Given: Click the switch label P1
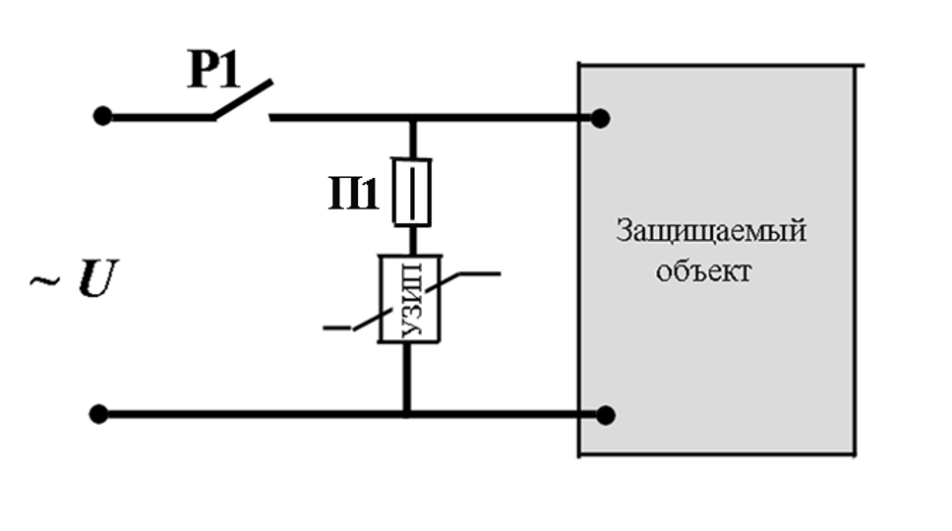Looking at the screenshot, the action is (213, 69).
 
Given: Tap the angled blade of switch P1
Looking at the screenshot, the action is (242, 99).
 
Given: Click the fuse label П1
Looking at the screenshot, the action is (353, 193).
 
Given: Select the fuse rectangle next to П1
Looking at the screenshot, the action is (412, 193).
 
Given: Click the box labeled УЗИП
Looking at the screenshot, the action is (410, 299).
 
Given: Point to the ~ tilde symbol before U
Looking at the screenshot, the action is (45, 280).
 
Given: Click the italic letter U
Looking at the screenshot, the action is (97, 278).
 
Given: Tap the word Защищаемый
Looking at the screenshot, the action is (711, 231).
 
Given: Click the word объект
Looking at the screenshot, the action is (703, 270).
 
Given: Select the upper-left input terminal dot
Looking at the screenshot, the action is (102, 116).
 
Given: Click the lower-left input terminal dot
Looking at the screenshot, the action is (98, 415).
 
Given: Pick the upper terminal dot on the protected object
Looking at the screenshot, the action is (600, 118).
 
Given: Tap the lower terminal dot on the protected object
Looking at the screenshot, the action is (605, 415).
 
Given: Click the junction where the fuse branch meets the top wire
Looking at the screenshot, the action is (413, 118).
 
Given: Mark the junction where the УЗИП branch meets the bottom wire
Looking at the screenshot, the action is (407, 415).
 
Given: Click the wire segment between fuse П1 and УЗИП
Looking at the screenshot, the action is (412, 241).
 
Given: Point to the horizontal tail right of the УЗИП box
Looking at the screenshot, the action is (479, 274).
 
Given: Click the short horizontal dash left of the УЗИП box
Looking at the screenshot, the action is (337, 328).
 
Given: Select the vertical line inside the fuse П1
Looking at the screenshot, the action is (412, 193).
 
